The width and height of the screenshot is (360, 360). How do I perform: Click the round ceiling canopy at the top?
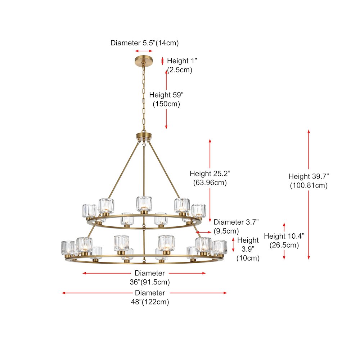pyautogui.click(x=144, y=59)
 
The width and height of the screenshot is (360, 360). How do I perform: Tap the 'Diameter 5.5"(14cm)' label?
pyautogui.click(x=144, y=43)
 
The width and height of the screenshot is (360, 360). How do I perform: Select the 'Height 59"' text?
pyautogui.click(x=166, y=95)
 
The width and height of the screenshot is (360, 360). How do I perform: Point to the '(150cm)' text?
pyautogui.click(x=166, y=104)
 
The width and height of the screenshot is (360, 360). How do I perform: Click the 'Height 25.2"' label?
pyautogui.click(x=210, y=174)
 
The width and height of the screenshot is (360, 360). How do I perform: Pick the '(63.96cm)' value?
pyautogui.click(x=210, y=183)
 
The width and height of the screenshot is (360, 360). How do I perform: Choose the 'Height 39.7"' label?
pyautogui.click(x=309, y=176)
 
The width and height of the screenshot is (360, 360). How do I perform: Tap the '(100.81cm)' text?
pyautogui.click(x=309, y=185)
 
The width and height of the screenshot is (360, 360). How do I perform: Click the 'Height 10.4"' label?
pyautogui.click(x=284, y=236)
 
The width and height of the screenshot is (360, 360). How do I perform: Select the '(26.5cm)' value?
pyautogui.click(x=284, y=245)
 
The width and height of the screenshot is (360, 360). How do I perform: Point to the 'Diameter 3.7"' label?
pyautogui.click(x=236, y=222)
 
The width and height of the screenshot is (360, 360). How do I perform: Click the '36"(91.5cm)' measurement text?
pyautogui.click(x=150, y=282)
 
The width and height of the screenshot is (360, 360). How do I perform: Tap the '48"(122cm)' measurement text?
pyautogui.click(x=150, y=302)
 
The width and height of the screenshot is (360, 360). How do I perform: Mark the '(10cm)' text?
pyautogui.click(x=248, y=258)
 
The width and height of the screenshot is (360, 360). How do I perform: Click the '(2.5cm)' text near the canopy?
pyautogui.click(x=179, y=70)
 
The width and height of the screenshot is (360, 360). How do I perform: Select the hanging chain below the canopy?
pyautogui.click(x=144, y=97)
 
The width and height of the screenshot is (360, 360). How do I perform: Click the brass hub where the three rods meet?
pyautogui.click(x=144, y=136)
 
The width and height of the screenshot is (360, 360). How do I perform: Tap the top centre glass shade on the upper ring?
pyautogui.click(x=144, y=203)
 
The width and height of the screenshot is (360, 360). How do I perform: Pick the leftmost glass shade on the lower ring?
pyautogui.click(x=68, y=247)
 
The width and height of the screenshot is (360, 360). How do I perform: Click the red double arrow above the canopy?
pyautogui.click(x=144, y=51)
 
